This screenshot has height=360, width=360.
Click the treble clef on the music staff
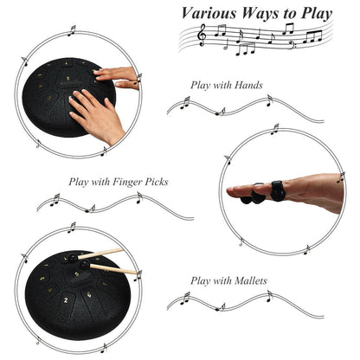click(x=202, y=35)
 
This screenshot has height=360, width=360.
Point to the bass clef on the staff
click(x=292, y=45)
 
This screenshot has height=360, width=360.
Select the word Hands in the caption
click(x=248, y=85)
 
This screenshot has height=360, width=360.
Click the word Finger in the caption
click(x=127, y=182)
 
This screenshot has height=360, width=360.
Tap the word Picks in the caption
click(x=157, y=182)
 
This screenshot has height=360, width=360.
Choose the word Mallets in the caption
click(x=251, y=280)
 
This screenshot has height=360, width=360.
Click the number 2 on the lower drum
click(x=66, y=300)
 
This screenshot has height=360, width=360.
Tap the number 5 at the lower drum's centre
click(x=77, y=274)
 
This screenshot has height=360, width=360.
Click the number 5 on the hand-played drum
click(x=68, y=79)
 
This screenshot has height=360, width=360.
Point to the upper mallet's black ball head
click(x=73, y=258)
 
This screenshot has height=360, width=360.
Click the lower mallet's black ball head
click(x=85, y=265)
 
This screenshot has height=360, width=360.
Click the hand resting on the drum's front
click(x=97, y=115)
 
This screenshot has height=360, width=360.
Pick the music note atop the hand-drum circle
click(x=72, y=30)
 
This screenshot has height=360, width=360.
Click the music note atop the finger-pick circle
click(x=274, y=129)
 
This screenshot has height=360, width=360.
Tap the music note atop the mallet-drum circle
click(x=72, y=228)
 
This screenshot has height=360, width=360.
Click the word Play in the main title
click(x=317, y=14)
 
